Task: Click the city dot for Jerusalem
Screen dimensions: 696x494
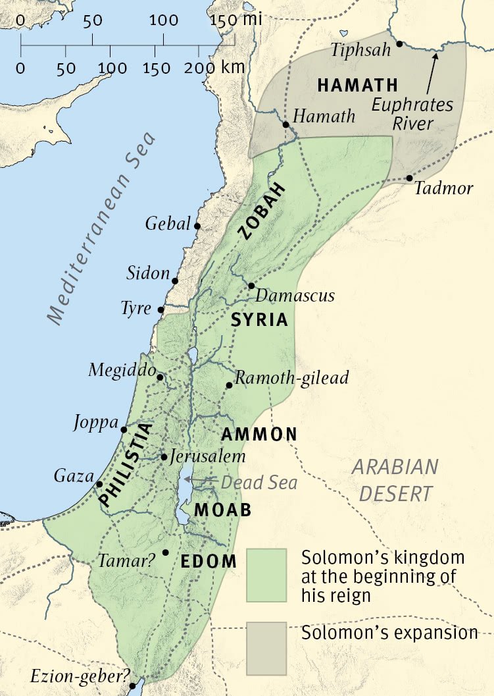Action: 164,456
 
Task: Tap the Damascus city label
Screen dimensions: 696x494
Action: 295,295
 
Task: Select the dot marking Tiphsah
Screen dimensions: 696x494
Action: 399,44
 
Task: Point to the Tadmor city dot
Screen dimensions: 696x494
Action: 409,178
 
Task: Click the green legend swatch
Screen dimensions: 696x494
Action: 266,575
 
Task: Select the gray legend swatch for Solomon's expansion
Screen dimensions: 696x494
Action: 266,649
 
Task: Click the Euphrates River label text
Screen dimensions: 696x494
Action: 412,114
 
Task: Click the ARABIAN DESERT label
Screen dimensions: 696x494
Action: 395,480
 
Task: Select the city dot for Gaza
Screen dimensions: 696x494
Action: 99,484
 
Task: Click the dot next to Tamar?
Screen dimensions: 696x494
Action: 166,552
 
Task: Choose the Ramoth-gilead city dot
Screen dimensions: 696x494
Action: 228,385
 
